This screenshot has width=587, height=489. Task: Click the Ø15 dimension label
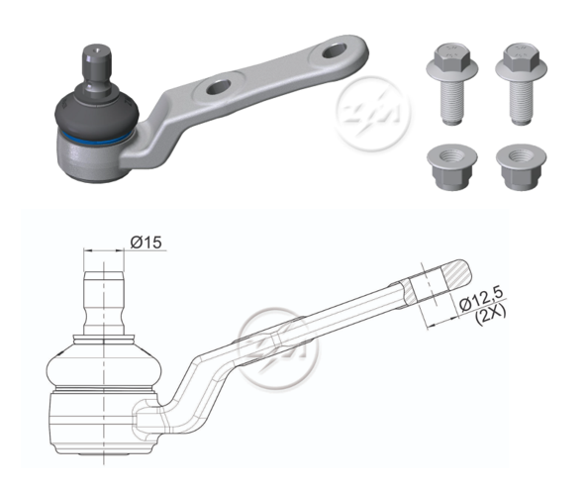tap(146, 243)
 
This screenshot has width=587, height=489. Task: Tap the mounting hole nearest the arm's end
tap(334, 50)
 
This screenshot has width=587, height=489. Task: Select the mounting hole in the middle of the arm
tap(219, 87)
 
